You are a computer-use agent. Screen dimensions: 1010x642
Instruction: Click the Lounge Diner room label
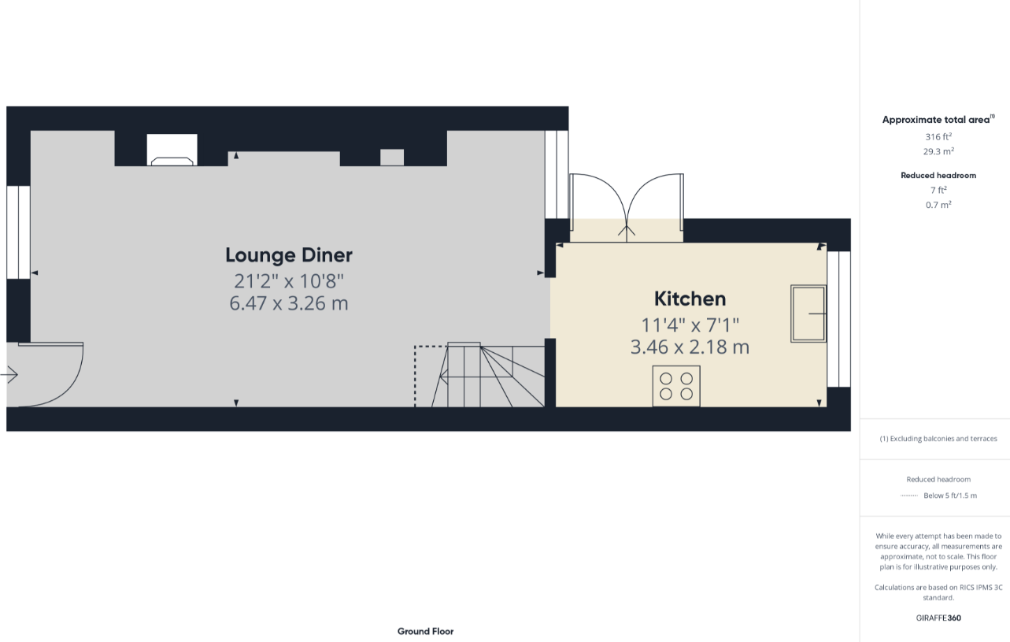[x=289, y=255]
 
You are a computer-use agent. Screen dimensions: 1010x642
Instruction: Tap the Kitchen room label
[x=690, y=299]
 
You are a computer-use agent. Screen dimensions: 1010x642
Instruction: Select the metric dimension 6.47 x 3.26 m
[x=289, y=303]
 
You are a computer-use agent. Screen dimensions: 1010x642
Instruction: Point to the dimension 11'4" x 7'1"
[x=690, y=325]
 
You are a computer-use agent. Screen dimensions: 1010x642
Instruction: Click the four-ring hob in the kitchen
[x=676, y=386]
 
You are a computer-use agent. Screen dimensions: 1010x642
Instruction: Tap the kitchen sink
[x=808, y=313]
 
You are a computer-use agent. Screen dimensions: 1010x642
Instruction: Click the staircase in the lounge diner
[x=488, y=375]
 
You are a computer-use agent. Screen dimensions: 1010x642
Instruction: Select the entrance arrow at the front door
[x=9, y=374]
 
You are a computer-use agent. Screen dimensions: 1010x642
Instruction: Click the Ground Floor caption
[x=425, y=631]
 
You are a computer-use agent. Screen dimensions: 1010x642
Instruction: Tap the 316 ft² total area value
[x=938, y=137]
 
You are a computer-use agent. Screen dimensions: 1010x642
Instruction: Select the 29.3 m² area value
[x=938, y=151]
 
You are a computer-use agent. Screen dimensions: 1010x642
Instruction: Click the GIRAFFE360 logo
[x=938, y=618]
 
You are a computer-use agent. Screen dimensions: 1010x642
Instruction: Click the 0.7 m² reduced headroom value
[x=938, y=205]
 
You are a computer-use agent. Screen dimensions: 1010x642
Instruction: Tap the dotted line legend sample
[x=909, y=495]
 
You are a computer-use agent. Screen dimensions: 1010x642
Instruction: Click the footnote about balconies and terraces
[x=938, y=439]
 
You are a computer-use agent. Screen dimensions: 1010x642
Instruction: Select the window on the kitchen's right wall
[x=838, y=319]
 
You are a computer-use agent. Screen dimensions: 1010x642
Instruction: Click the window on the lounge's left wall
[x=18, y=232]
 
